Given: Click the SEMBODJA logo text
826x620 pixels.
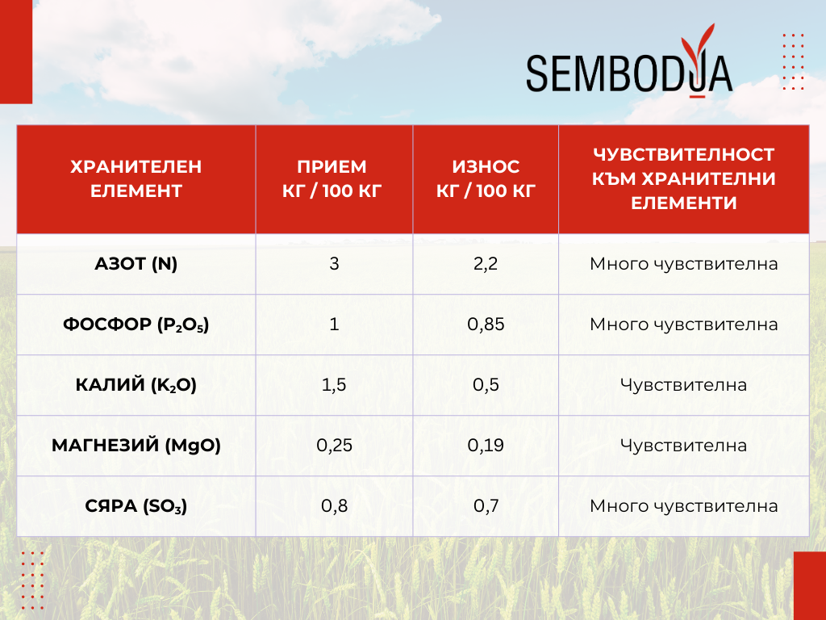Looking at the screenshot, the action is click(x=629, y=73).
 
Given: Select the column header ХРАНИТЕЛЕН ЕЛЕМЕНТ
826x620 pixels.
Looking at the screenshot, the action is click(x=136, y=178).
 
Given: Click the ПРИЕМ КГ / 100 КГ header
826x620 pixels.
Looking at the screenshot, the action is click(x=332, y=178).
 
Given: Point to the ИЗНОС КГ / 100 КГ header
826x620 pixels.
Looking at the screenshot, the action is click(x=486, y=178).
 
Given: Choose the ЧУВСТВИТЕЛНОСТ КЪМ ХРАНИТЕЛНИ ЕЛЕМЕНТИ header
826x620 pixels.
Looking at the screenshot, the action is click(x=684, y=178).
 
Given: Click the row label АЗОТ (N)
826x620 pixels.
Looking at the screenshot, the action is click(x=136, y=264).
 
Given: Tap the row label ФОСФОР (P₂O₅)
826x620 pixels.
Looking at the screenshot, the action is click(x=136, y=325).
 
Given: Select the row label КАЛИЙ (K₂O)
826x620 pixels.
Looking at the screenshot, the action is click(x=136, y=385).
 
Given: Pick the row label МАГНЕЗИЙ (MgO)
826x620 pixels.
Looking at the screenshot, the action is click(x=136, y=446).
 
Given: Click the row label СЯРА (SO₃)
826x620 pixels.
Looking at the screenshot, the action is click(x=136, y=506).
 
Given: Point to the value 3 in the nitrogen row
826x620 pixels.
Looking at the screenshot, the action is click(x=334, y=264).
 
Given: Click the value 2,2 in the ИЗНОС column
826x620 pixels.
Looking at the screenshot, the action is click(x=485, y=264).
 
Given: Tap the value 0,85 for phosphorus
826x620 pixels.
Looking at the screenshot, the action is click(x=486, y=325).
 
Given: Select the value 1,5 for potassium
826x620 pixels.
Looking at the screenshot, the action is click(x=334, y=385).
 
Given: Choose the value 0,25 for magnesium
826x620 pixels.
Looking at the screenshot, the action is click(x=334, y=446).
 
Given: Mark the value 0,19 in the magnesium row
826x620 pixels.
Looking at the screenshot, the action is click(x=486, y=446).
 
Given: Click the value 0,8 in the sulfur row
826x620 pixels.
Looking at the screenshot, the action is click(x=334, y=506).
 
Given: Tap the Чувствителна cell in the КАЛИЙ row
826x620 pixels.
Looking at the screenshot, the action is click(x=683, y=385).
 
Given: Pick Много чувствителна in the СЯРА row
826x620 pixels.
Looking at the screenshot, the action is click(x=684, y=506).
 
